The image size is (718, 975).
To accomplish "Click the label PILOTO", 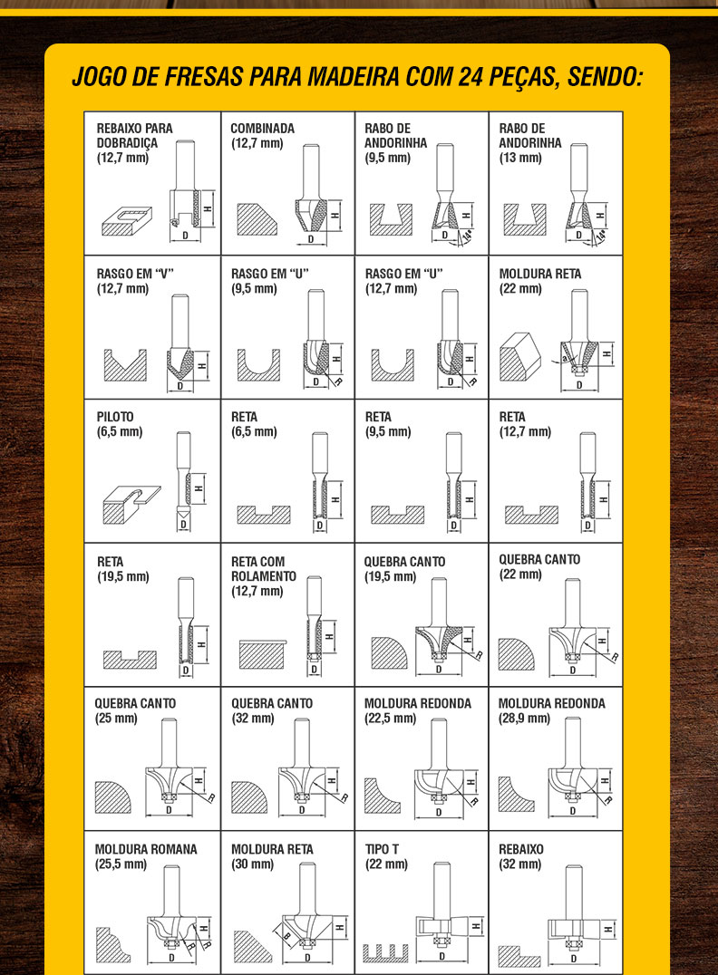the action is pyautogui.click(x=115, y=417).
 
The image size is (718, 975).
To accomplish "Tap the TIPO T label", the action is pyautogui.click(x=382, y=849).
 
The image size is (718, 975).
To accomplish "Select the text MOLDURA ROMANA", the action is pyautogui.click(x=146, y=849).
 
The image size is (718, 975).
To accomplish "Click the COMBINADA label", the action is pyautogui.click(x=262, y=128).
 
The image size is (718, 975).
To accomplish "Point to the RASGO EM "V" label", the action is pyautogui.click(x=135, y=274).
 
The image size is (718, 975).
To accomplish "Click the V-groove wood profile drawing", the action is pyautogui.click(x=125, y=366).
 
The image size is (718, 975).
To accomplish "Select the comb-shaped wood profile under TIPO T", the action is pyautogui.click(x=385, y=952).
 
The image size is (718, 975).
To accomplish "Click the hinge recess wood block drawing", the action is pyautogui.click(x=126, y=221).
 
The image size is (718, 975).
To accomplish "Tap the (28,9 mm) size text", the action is pyautogui.click(x=525, y=719).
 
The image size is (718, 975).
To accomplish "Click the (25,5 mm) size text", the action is pyautogui.click(x=121, y=864).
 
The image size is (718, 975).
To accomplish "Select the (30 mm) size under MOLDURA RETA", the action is pyautogui.click(x=253, y=864).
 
